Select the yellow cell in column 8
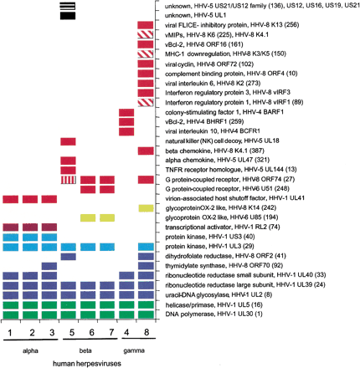[x=146, y=207]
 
